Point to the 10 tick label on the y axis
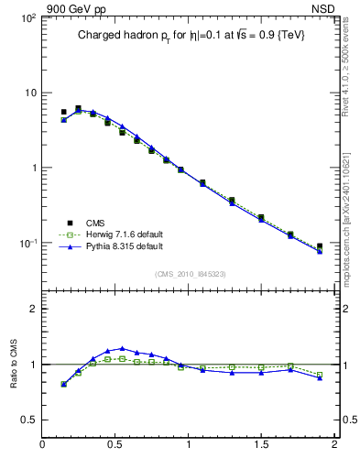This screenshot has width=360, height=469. click(x=30, y=93)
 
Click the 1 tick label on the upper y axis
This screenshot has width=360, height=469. click(x=34, y=169)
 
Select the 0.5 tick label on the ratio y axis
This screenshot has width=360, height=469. click(x=29, y=420)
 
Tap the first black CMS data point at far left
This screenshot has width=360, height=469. click(x=63, y=112)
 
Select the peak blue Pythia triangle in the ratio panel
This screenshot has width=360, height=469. click(x=122, y=348)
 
